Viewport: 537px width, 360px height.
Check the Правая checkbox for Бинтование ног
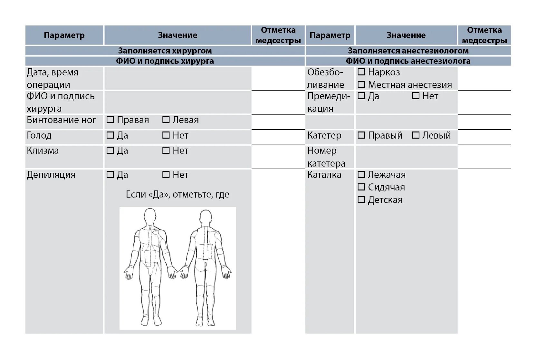(110, 120)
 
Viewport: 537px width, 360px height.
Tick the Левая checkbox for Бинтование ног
(166, 120)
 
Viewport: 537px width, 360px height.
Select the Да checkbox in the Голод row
(110, 135)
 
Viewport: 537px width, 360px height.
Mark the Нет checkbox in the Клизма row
(166, 151)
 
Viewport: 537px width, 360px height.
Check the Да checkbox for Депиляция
(110, 175)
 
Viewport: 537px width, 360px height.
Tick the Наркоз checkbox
(361, 72)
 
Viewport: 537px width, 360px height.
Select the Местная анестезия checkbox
(361, 85)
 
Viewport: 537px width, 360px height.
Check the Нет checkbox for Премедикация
(416, 96)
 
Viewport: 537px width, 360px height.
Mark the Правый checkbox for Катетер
(361, 135)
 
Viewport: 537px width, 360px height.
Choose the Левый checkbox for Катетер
(416, 135)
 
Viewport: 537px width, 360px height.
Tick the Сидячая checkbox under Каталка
(361, 187)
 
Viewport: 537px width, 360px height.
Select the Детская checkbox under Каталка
(361, 200)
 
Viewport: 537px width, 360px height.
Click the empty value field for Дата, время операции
(177, 78)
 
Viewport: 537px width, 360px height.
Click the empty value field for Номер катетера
(406, 157)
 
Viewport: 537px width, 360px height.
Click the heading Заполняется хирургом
(165, 51)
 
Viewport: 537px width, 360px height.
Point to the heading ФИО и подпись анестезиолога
(408, 61)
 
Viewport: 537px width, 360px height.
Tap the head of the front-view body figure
(150, 216)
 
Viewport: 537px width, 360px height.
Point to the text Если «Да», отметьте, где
(177, 194)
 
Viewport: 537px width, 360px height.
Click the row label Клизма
(43, 151)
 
